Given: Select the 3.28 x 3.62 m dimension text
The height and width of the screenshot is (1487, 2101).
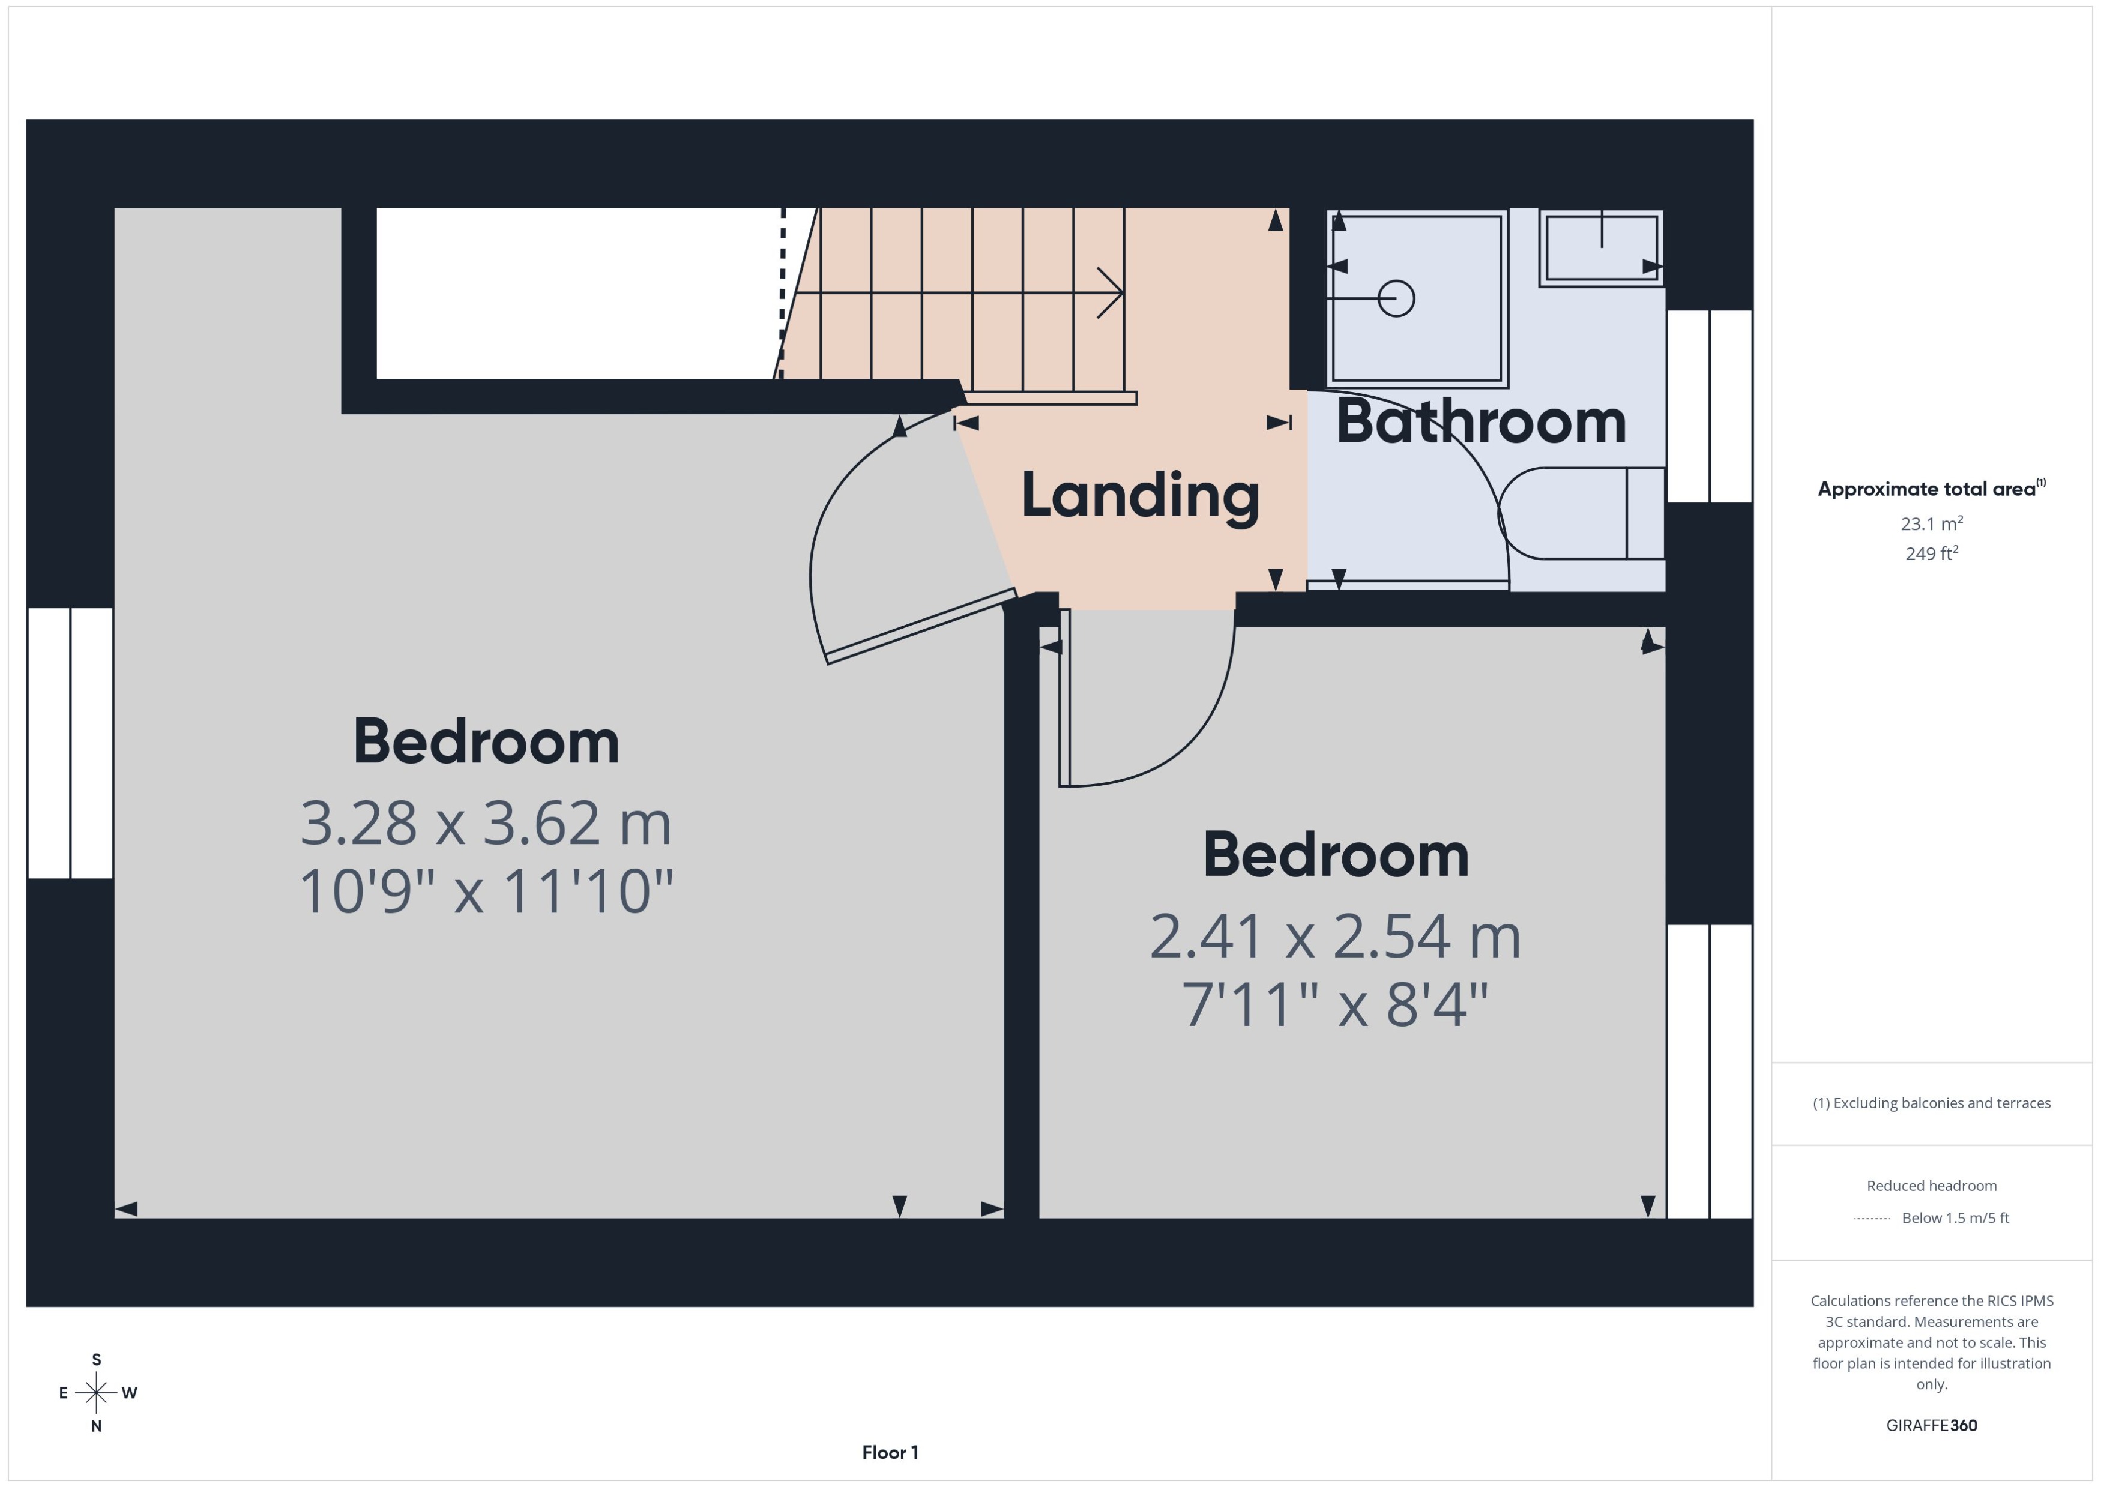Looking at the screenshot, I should pyautogui.click(x=486, y=823).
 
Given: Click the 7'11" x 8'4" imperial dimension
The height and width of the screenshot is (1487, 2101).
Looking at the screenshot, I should pyautogui.click(x=1335, y=1004).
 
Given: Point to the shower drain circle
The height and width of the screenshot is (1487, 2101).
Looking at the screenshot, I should pyautogui.click(x=1396, y=298).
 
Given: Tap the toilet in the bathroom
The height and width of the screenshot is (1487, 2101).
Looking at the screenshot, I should pyautogui.click(x=1582, y=514).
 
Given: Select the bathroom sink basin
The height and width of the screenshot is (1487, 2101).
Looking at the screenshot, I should pyautogui.click(x=1601, y=248).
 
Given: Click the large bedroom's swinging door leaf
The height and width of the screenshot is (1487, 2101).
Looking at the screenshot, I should pyautogui.click(x=921, y=626).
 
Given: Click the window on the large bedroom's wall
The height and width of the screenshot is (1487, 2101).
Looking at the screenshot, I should pyautogui.click(x=70, y=743).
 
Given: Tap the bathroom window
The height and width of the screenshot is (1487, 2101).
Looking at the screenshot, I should pyautogui.click(x=1709, y=406).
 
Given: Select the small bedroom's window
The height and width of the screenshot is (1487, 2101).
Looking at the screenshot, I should pyautogui.click(x=1709, y=1072).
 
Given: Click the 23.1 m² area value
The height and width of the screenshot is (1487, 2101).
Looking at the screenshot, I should pyautogui.click(x=1931, y=523).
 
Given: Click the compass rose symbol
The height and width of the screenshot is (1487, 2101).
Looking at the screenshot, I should pyautogui.click(x=96, y=1393).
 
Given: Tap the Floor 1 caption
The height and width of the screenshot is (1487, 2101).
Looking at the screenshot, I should pyautogui.click(x=890, y=1452).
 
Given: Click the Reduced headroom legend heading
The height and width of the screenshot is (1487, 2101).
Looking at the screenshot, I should pyautogui.click(x=1931, y=1186).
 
